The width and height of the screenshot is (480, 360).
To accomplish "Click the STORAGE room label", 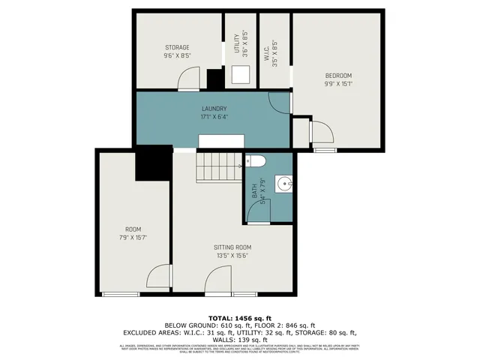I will [177, 47].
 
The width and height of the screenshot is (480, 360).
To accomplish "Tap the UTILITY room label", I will [236, 43].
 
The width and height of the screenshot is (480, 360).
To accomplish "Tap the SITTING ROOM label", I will [232, 247].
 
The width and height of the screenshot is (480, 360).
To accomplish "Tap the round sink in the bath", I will [283, 182].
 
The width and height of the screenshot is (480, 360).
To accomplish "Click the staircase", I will [216, 166].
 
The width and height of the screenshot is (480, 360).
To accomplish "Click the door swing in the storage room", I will [192, 77].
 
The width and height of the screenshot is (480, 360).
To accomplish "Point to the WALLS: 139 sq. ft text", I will [240, 339].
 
